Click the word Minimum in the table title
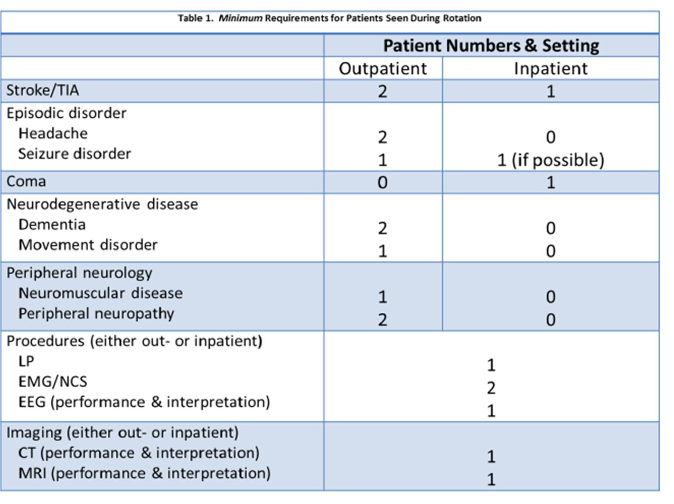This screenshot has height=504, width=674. tap(241, 19)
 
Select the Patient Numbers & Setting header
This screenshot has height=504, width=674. tap(491, 46)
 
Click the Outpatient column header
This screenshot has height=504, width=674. tap(383, 68)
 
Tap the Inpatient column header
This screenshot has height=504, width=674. tap(551, 68)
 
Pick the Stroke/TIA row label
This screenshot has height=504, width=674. tap(43, 90)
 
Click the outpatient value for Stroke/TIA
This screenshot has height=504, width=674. tap(382, 92)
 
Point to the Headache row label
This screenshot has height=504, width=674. tap(53, 133)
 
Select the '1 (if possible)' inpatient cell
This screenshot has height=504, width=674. tap(551, 160)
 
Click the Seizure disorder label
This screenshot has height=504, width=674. tap(75, 154)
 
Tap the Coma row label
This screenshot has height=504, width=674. tap(27, 181)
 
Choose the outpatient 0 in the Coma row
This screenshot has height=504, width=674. tap(382, 183)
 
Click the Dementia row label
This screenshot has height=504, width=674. tap(52, 224)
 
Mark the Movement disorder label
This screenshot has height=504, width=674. tap(88, 245)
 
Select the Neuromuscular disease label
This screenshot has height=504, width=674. tap(101, 293)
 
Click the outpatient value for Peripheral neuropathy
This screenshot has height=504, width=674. tap(382, 320)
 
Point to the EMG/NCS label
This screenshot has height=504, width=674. tap(53, 382)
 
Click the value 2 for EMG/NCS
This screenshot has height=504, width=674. tap(491, 388)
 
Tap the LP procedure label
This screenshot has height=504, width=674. tap(27, 361)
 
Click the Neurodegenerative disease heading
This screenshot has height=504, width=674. tap(102, 204)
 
